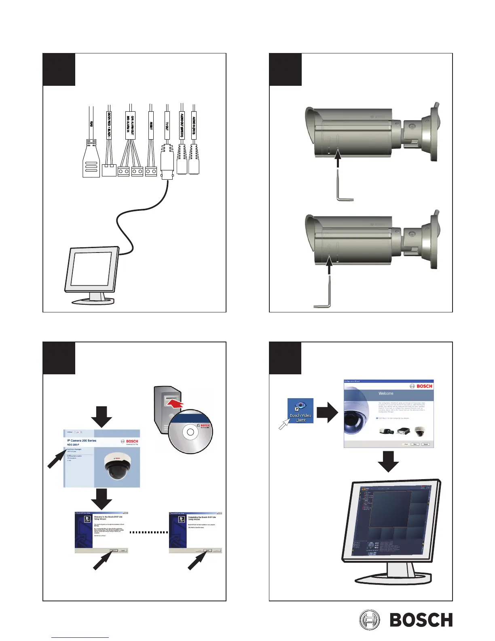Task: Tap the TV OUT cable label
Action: pyautogui.click(x=167, y=122)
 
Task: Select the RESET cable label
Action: pyautogui.click(x=151, y=125)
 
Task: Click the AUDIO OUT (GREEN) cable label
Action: pyautogui.click(x=182, y=125)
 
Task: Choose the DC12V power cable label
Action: pyautogui.click(x=109, y=125)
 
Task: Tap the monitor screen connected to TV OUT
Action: pyautogui.click(x=91, y=269)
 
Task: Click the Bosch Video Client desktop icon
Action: pyautogui.click(x=300, y=410)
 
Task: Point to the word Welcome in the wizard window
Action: pyautogui.click(x=386, y=393)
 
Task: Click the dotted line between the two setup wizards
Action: pyautogui.click(x=148, y=532)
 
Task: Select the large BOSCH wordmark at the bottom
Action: pyautogui.click(x=421, y=620)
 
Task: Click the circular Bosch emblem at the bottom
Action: pyautogui.click(x=370, y=620)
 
